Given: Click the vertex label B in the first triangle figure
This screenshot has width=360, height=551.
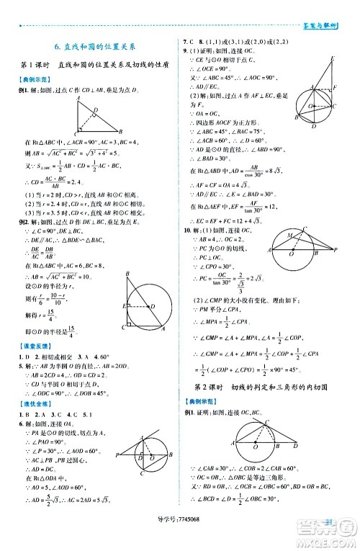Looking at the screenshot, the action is tap(120, 132).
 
